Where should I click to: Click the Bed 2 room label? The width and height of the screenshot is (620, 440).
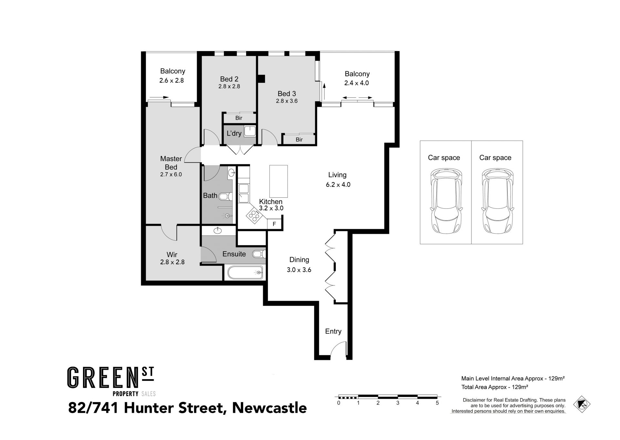coord(229,79)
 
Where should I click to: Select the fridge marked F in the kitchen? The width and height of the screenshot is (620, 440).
coord(274,224)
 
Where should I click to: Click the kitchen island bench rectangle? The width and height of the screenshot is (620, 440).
coord(278,181)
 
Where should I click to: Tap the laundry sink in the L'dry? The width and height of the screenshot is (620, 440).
coord(250,131)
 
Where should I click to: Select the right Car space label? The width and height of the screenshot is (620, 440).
coord(495,158)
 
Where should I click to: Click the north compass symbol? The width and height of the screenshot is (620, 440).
coord(582,404)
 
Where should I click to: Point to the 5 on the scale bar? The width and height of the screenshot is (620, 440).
coord(437,403)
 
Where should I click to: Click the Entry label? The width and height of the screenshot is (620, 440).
coord(333,331)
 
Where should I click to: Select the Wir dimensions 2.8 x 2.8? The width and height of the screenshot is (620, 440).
coord(172,262)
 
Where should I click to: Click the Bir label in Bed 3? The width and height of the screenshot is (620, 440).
coord(299,140)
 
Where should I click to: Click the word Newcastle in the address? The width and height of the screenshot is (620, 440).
coord(269,408)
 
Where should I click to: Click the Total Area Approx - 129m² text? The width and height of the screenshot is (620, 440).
coord(495,387)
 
